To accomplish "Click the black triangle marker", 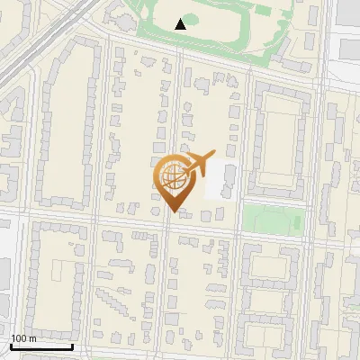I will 181,24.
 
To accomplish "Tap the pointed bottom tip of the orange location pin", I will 172,211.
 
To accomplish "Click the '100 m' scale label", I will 23,338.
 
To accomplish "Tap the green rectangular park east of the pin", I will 273,220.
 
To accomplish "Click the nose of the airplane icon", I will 213,155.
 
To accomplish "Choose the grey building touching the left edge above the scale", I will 4,280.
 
